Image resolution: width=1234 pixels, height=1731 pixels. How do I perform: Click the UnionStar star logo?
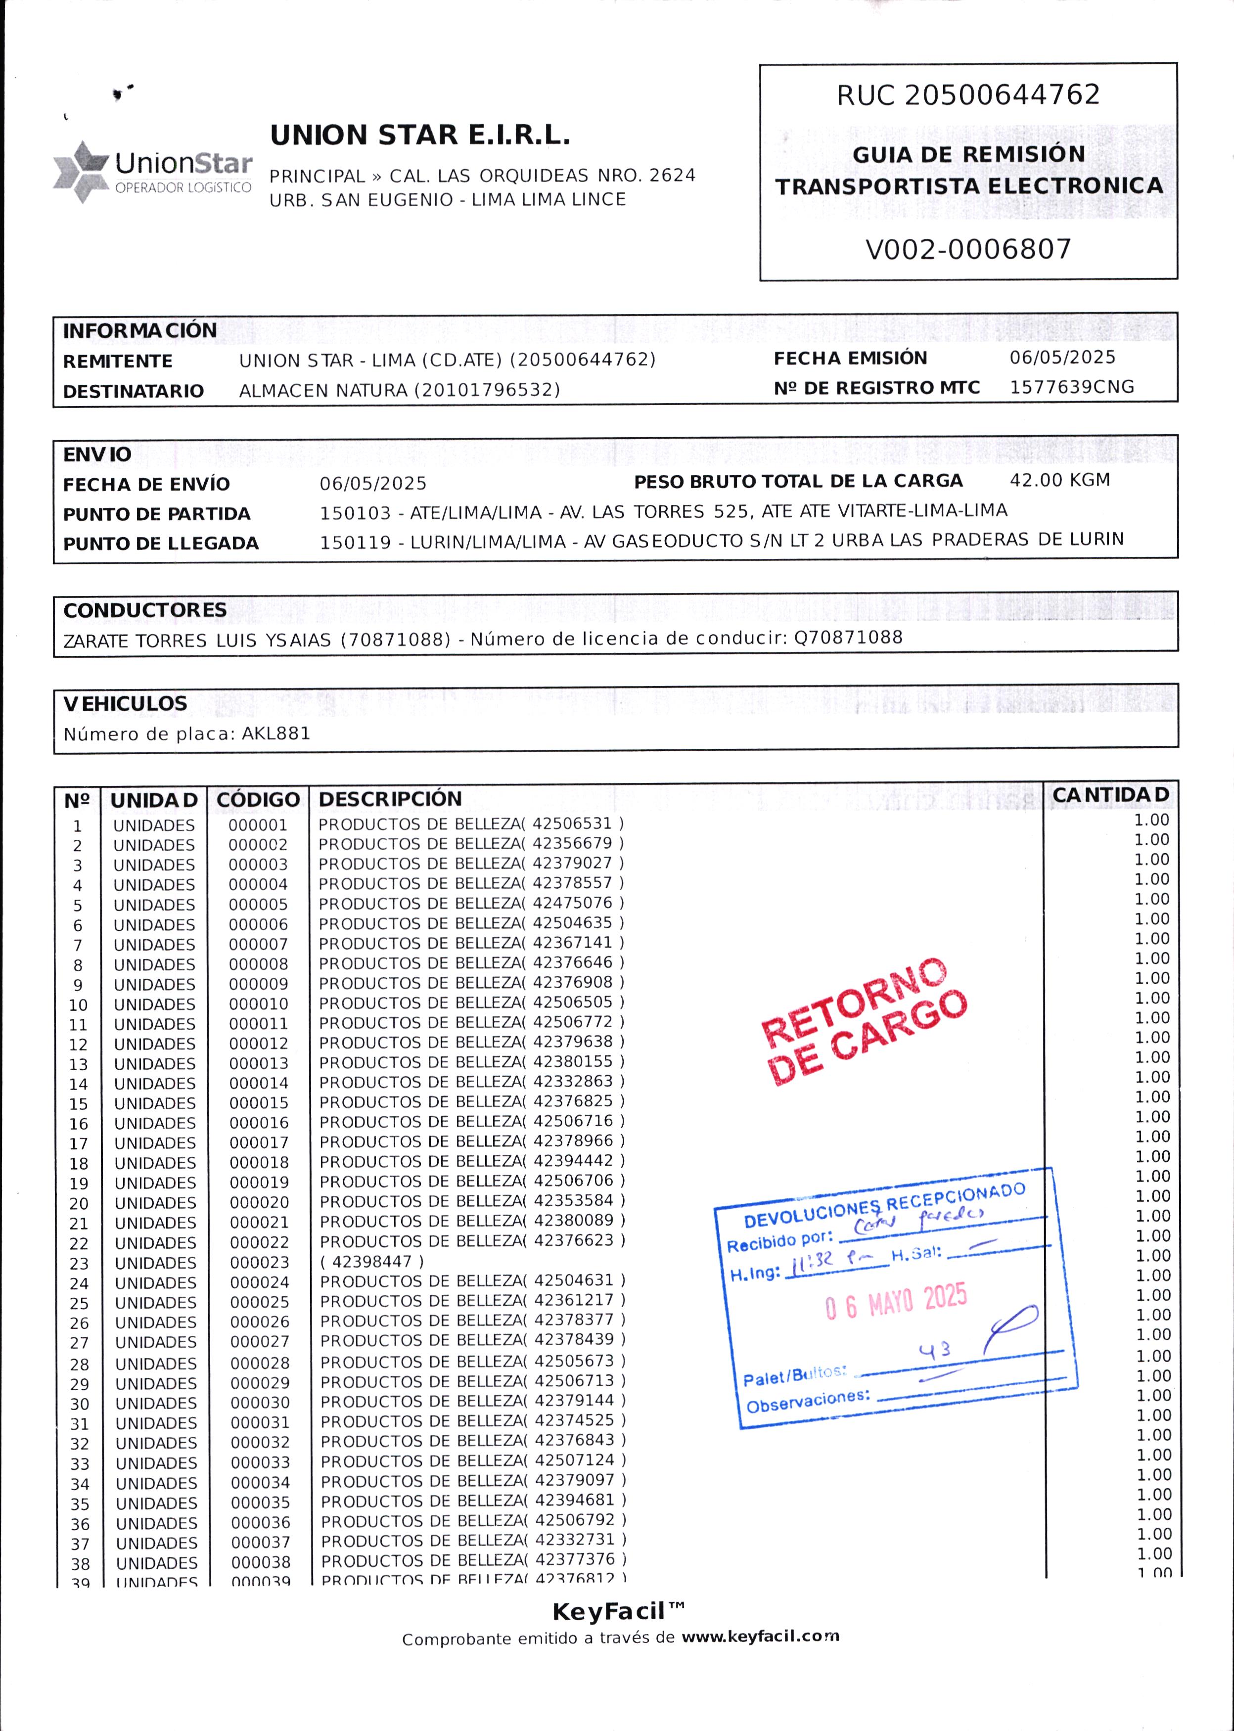point(81,171)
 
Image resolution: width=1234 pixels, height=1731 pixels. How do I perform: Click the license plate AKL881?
point(276,734)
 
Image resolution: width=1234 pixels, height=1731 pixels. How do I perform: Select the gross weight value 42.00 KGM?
point(1059,480)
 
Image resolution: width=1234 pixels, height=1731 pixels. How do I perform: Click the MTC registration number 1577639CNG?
point(1071,387)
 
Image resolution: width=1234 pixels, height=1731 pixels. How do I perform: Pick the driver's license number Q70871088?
point(848,637)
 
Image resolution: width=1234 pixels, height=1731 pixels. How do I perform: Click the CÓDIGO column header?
point(258,799)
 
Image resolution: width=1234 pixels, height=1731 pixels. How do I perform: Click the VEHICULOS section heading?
point(125,704)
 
